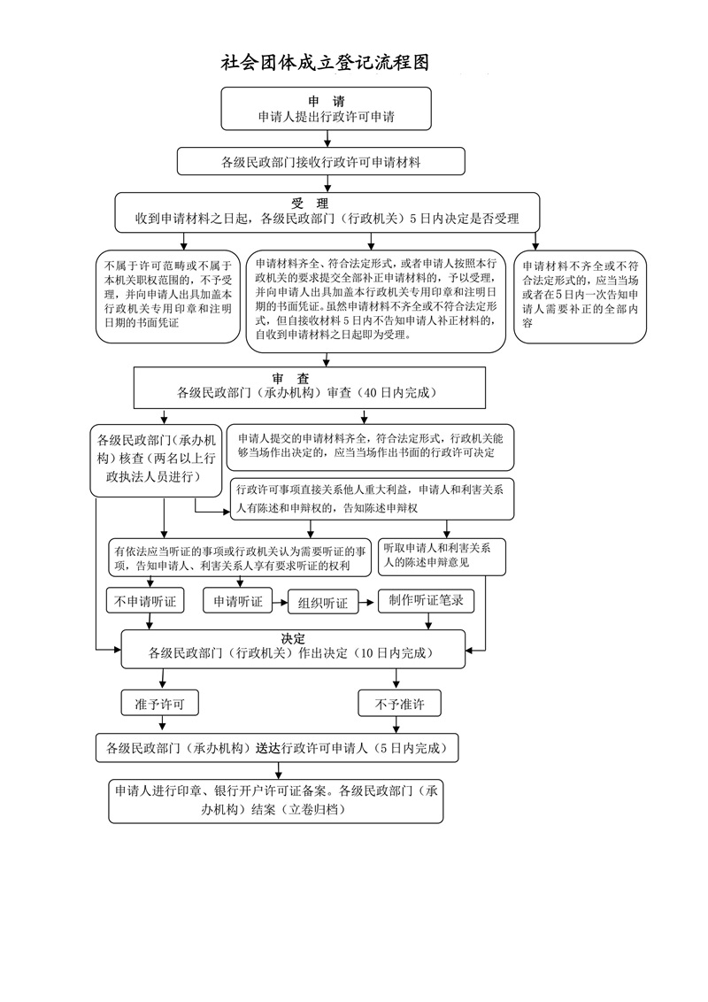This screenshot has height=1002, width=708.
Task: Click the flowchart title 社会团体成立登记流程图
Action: pos(325,63)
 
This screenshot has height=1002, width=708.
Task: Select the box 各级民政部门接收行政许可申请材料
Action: pos(320,162)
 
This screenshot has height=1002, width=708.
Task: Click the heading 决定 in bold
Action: pos(293,639)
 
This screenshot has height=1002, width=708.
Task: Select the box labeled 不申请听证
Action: pos(145,602)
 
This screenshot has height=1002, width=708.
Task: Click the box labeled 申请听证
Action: pos(237,602)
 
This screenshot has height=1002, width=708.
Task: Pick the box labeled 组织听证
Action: pos(323,603)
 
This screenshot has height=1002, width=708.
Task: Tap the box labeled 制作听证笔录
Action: pos(426,601)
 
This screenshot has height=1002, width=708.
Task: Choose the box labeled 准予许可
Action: pos(159,704)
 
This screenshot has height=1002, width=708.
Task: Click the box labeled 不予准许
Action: pos(400,704)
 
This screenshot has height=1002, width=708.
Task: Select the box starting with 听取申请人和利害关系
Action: pos(442,556)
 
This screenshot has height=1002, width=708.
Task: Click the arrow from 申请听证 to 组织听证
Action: pos(280,602)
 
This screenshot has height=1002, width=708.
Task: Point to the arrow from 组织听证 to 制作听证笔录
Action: pos(367,602)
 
